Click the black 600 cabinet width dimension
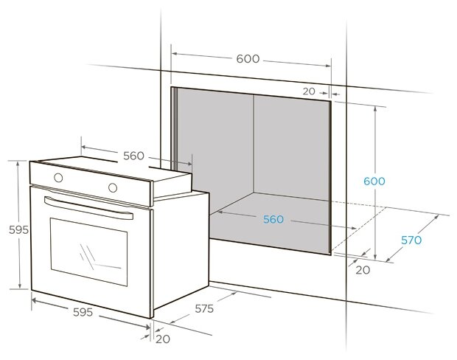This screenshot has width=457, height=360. coord(248,59)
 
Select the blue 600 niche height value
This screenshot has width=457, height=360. coord(374,181)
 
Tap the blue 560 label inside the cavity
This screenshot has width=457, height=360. coord(273,219)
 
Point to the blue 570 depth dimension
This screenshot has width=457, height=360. coord(411,240)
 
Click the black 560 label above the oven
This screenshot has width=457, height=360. coord(133,156)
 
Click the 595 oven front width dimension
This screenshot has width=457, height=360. coord(83,312)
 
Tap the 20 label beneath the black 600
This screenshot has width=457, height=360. coord(308,91)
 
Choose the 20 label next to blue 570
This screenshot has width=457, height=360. coord(362,270)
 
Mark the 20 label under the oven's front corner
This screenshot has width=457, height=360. coord(162,339)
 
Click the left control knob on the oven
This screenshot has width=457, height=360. coord(57,178)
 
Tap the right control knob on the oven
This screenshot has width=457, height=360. coord(113,187)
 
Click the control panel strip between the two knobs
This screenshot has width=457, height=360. coord(85,182)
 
